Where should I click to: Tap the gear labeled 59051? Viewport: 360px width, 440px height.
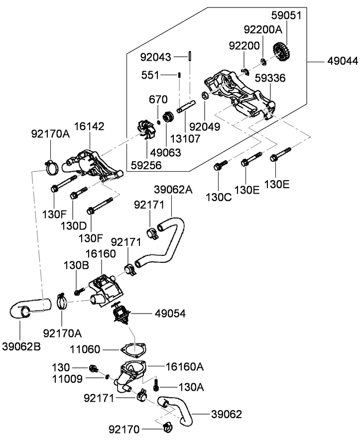(x=282, y=51)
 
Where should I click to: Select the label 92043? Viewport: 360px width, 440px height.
(x=155, y=57)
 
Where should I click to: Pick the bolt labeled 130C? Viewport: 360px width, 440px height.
(x=220, y=165)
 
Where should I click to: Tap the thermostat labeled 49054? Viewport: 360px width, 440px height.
(x=120, y=314)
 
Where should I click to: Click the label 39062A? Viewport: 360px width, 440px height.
(x=173, y=189)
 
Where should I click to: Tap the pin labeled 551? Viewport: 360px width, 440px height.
(x=179, y=75)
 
